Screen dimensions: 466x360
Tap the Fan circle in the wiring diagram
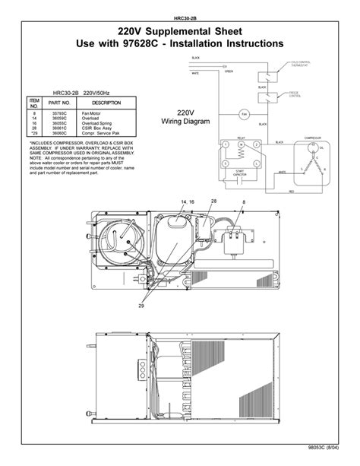[x=245, y=114]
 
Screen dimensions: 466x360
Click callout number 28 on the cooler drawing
[x=213, y=201]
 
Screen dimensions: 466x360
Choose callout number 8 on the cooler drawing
[x=243, y=201]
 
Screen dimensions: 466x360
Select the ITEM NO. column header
[x=33, y=103]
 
